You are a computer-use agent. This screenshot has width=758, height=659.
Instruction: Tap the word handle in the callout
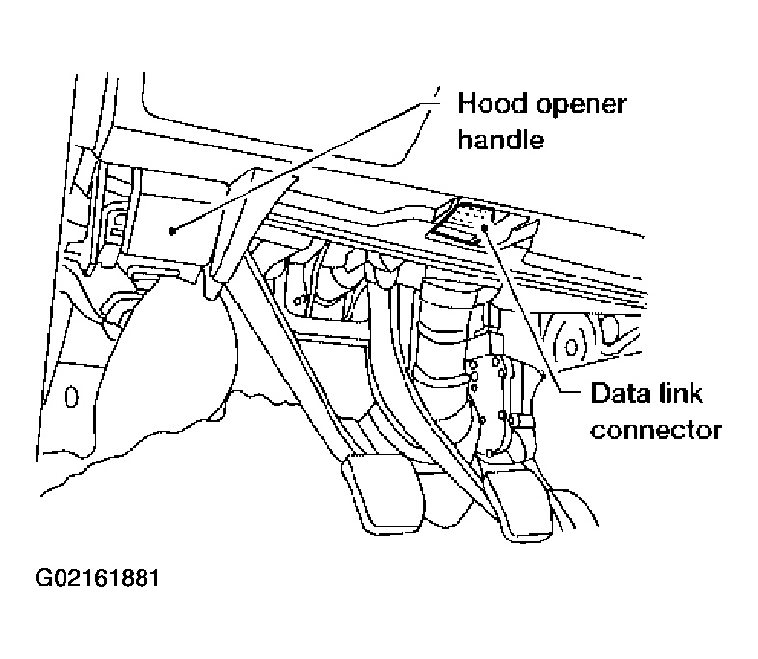pos(501,141)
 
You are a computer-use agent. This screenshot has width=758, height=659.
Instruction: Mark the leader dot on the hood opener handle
pos(170,230)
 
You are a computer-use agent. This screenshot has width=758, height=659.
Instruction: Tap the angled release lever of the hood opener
pos(236,222)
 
